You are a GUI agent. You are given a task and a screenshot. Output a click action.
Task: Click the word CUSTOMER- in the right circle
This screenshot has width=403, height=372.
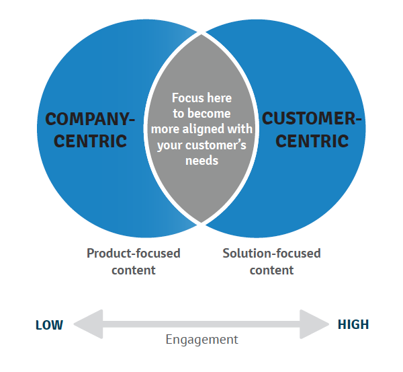coord(311,119)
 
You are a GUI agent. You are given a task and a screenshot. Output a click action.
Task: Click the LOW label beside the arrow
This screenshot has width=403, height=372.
coord(49,325)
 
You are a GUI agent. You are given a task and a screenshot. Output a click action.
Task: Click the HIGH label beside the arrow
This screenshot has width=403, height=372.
coord(353,325)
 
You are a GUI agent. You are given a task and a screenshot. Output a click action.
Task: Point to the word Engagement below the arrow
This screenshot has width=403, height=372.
coord(201,340)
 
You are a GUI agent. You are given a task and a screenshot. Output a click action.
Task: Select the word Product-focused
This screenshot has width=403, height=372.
coord(134,254)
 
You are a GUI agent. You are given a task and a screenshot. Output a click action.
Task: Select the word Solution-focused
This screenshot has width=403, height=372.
coord(271,254)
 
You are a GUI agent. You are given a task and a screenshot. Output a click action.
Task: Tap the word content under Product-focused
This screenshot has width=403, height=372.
coord(134,270)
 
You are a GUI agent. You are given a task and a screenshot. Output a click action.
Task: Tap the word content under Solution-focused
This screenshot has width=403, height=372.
coord(271,270)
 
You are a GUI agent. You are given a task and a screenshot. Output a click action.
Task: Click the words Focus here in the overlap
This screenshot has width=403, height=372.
coord(201,97)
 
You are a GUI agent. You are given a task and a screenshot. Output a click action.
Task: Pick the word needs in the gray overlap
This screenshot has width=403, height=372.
coord(201,161)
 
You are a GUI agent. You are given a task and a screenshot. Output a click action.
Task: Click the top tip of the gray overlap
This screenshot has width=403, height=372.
coord(201,32)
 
